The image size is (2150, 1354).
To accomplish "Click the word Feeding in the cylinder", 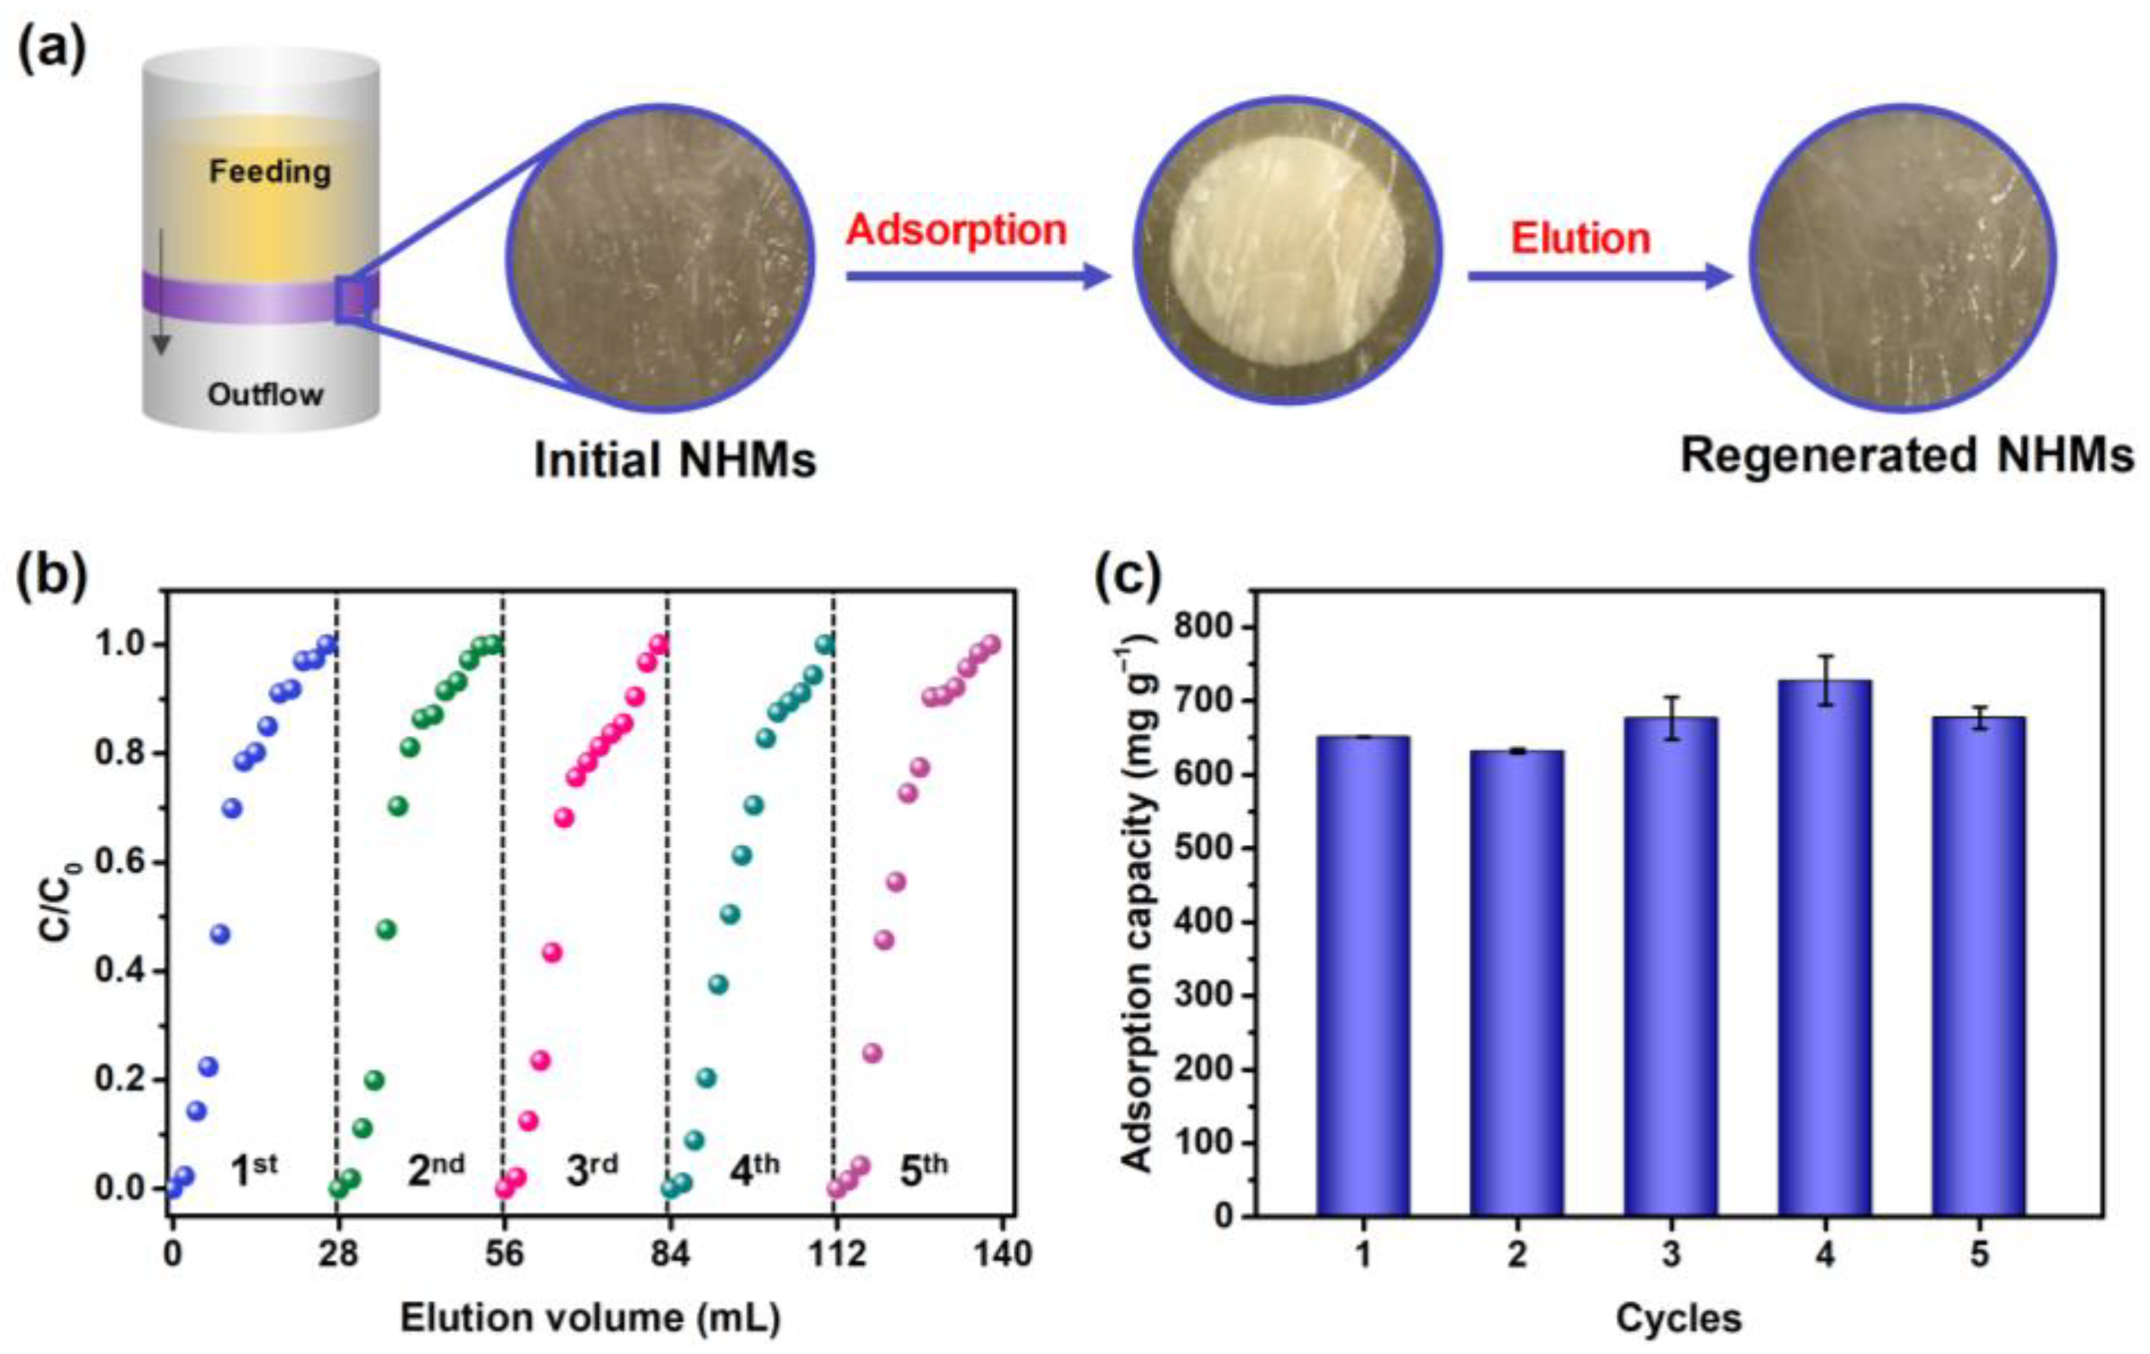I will point(270,172).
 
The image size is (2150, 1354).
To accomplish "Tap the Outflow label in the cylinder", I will point(265,394).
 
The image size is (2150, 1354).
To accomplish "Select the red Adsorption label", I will point(955,230).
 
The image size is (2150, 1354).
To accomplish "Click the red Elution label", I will point(1581,239).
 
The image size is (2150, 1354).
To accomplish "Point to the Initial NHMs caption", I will point(675,461).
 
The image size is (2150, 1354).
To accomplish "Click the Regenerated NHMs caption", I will point(1907,456).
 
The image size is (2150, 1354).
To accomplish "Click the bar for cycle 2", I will point(1517,982).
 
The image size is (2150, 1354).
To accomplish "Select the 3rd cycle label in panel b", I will point(591,1170).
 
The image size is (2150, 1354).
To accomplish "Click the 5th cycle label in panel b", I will point(922,1170).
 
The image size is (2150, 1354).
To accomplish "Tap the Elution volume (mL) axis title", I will point(591,1318).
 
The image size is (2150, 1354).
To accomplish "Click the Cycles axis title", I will point(1679,1318).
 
